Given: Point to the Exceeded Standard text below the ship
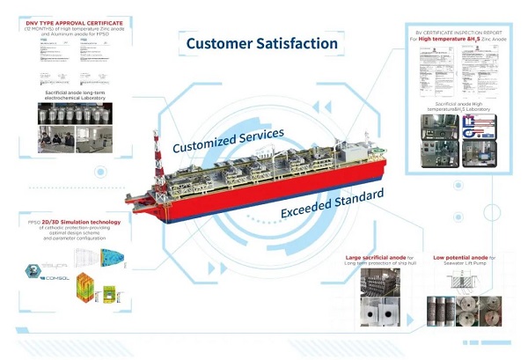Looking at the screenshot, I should [332, 203].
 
